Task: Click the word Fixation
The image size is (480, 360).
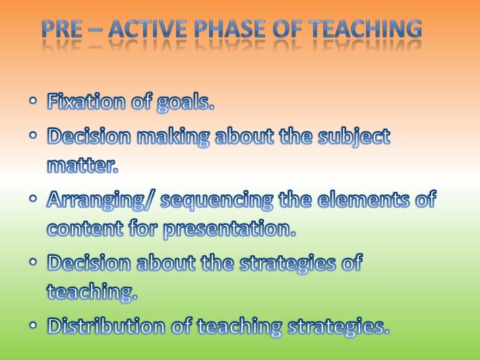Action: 86,103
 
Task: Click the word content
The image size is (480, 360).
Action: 85,229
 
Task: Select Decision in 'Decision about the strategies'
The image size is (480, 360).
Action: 88,263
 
